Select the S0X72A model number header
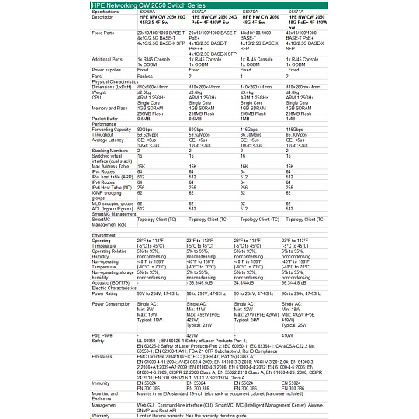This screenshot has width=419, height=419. (x=198, y=12)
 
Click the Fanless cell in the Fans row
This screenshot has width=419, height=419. (x=145, y=76)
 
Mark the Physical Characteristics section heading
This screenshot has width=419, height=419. (x=117, y=81)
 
